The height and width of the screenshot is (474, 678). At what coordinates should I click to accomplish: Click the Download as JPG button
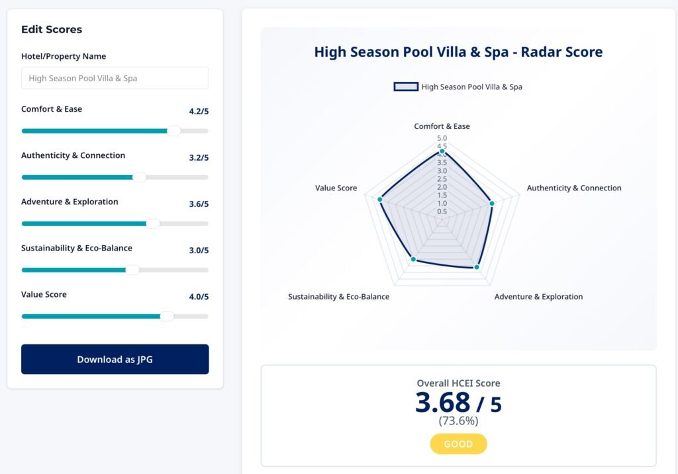pyautogui.click(x=115, y=360)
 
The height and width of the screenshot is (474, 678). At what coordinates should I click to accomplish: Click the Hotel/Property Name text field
pyautogui.click(x=115, y=78)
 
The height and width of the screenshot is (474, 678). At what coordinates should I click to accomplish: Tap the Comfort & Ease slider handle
pyautogui.click(x=173, y=131)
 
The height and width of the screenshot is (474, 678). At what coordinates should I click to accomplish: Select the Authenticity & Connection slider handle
pyautogui.click(x=139, y=177)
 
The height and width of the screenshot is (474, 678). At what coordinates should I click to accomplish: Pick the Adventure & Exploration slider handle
pyautogui.click(x=153, y=223)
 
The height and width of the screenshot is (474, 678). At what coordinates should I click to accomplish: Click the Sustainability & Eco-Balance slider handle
pyautogui.click(x=132, y=270)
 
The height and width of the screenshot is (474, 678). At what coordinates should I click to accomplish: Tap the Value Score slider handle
pyautogui.click(x=167, y=316)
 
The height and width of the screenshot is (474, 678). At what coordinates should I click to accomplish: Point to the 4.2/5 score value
pyautogui.click(x=199, y=112)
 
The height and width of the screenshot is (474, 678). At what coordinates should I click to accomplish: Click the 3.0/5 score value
pyautogui.click(x=199, y=251)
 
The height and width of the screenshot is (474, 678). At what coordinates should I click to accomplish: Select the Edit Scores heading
pyautogui.click(x=52, y=29)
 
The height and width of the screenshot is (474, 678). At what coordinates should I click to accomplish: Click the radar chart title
pyautogui.click(x=458, y=52)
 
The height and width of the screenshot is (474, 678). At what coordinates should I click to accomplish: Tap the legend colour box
pyautogui.click(x=406, y=87)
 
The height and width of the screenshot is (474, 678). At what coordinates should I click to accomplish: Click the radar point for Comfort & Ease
pyautogui.click(x=442, y=151)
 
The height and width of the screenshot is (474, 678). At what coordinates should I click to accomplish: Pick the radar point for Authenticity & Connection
pyautogui.click(x=492, y=204)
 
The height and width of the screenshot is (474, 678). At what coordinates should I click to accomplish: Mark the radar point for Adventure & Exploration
pyautogui.click(x=477, y=267)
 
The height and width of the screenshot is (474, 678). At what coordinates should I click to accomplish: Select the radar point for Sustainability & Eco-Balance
pyautogui.click(x=412, y=259)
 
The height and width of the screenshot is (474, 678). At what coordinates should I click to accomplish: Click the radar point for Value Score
pyautogui.click(x=380, y=199)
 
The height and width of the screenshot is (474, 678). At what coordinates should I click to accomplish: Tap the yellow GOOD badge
pyautogui.click(x=458, y=444)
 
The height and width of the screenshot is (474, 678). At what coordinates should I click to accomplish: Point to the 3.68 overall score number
pyautogui.click(x=442, y=403)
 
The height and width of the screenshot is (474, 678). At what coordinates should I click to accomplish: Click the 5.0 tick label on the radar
pyautogui.click(x=442, y=138)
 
